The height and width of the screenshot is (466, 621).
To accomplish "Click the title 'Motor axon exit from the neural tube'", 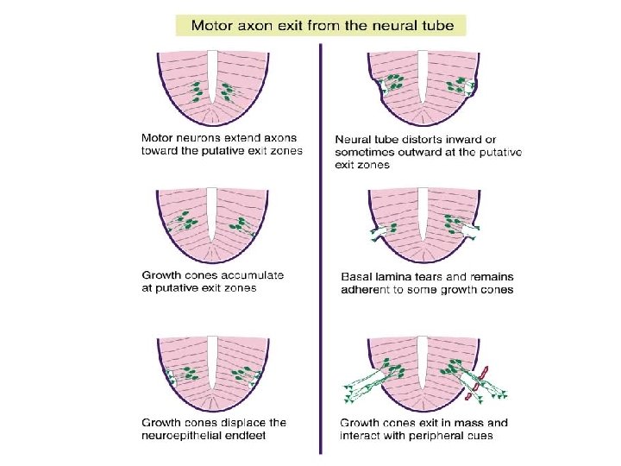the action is (x=321, y=24).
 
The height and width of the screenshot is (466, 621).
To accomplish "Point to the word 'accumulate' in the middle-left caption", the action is (x=250, y=275).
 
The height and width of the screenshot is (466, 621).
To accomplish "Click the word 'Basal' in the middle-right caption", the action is (x=358, y=277).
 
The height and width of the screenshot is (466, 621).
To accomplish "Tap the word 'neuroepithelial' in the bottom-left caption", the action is (x=181, y=435).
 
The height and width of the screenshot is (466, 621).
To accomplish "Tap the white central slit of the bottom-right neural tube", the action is (x=423, y=362).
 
